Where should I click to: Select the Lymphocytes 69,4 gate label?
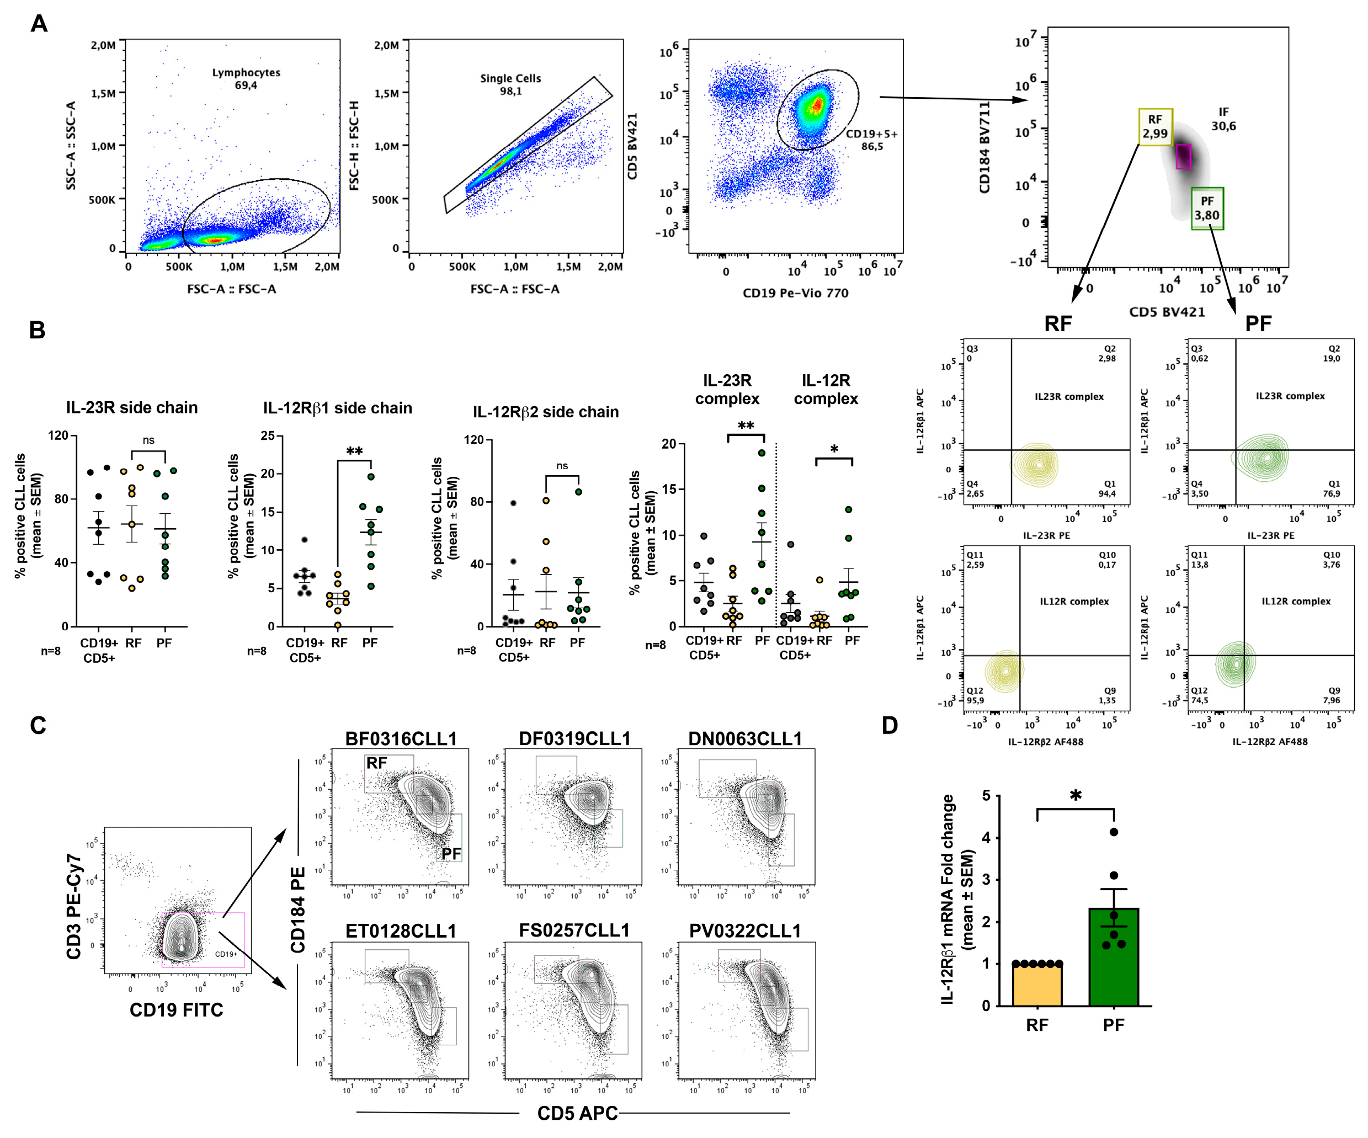click(x=246, y=78)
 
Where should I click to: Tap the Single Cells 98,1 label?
click(x=510, y=84)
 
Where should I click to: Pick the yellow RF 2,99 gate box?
click(x=1155, y=127)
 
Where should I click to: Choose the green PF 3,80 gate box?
click(x=1206, y=209)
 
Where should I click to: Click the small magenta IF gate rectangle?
click(x=1184, y=157)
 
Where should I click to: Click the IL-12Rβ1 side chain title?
click(x=337, y=408)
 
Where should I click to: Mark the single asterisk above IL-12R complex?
click(x=834, y=449)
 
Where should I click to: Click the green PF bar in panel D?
click(x=1113, y=958)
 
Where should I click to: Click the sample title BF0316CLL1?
click(x=401, y=738)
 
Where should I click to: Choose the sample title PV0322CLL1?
click(x=744, y=931)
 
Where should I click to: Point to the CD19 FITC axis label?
click(x=176, y=1009)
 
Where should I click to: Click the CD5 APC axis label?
click(x=577, y=1113)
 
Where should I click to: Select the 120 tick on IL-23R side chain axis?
click(x=58, y=435)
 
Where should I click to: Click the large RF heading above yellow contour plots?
click(x=1057, y=324)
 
